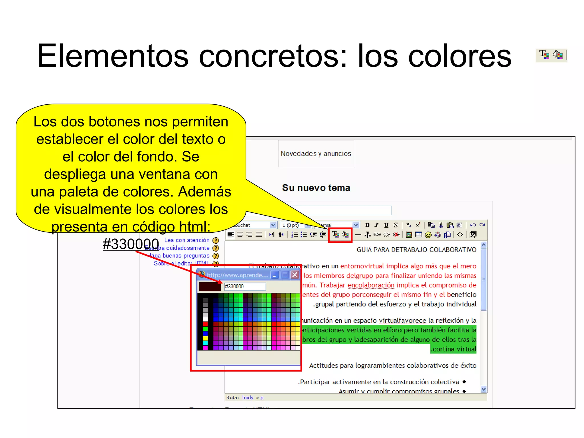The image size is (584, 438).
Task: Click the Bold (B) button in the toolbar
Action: pyautogui.click(x=367, y=225)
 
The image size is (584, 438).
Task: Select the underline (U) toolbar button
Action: pyautogui.click(x=386, y=225)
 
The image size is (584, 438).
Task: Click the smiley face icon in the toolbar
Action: pyautogui.click(x=428, y=235)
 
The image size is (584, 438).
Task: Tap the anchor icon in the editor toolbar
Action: pyautogui.click(x=368, y=235)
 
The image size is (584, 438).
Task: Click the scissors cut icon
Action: pyautogui.click(x=441, y=225)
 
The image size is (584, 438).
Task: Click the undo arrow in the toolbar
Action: pyautogui.click(x=473, y=225)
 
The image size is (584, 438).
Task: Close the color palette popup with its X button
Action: pyautogui.click(x=295, y=275)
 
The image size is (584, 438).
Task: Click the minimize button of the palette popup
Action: pyautogui.click(x=274, y=275)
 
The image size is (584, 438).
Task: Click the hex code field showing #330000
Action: pyautogui.click(x=245, y=286)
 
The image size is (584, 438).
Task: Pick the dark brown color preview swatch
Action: pyautogui.click(x=210, y=287)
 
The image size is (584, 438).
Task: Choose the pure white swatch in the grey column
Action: pyautogui.click(x=205, y=319)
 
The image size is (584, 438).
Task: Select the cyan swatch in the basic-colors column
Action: pyautogui.click(x=205, y=343)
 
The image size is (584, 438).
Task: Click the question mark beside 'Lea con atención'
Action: pyautogui.click(x=216, y=240)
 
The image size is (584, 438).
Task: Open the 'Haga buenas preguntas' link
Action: pyautogui.click(x=178, y=256)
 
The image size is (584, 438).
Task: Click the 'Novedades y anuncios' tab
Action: pyautogui.click(x=316, y=154)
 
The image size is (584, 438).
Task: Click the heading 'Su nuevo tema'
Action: pyautogui.click(x=316, y=188)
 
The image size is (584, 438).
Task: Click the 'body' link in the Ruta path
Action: pyautogui.click(x=248, y=398)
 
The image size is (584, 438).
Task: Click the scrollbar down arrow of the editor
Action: pyautogui.click(x=484, y=389)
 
